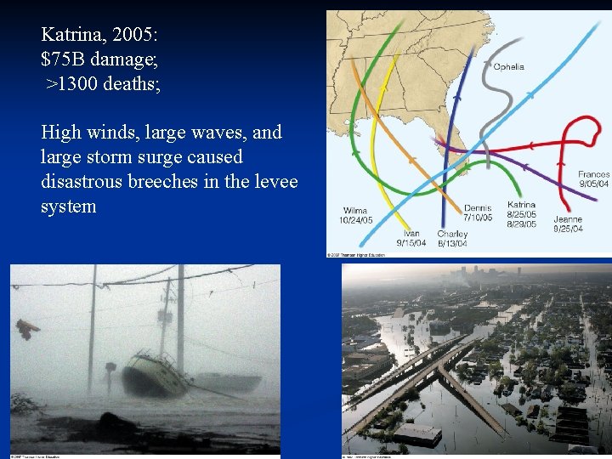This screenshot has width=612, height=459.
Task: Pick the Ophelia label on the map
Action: [x=509, y=66]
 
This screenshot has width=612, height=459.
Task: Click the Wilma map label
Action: [x=355, y=210]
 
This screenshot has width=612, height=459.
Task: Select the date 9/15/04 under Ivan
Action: [x=411, y=243]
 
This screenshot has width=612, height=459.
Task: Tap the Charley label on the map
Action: [x=451, y=234]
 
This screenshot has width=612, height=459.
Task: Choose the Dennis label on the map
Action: [x=478, y=208]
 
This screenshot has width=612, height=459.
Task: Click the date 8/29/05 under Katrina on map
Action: [x=521, y=224]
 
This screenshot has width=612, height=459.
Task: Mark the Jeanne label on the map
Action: [x=568, y=219]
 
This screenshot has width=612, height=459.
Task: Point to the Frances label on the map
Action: [x=593, y=174]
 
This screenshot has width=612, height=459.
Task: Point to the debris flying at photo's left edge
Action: [x=27, y=329]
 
